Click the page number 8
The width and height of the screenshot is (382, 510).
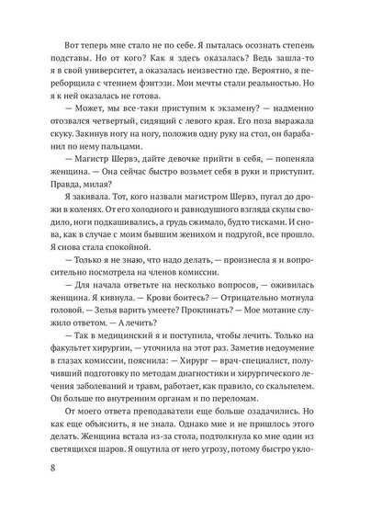58,474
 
